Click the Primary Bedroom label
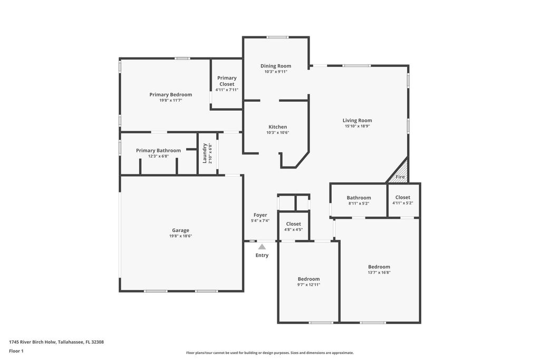(x=170, y=94)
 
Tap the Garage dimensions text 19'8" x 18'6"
(x=180, y=236)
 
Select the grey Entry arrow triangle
(x=262, y=246)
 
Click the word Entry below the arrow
(x=262, y=255)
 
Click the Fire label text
(x=400, y=177)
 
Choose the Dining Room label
(x=276, y=66)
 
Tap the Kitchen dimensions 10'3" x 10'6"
(x=278, y=133)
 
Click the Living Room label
(x=357, y=120)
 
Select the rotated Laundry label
(x=205, y=153)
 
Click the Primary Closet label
(x=227, y=81)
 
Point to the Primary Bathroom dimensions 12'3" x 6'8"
(x=158, y=157)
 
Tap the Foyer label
(x=260, y=215)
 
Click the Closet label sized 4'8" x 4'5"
(x=293, y=224)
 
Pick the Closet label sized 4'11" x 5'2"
(x=403, y=197)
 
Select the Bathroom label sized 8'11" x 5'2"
(x=359, y=198)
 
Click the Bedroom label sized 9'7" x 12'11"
(x=308, y=279)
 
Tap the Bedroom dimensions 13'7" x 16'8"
(x=379, y=273)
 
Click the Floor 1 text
(x=16, y=351)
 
